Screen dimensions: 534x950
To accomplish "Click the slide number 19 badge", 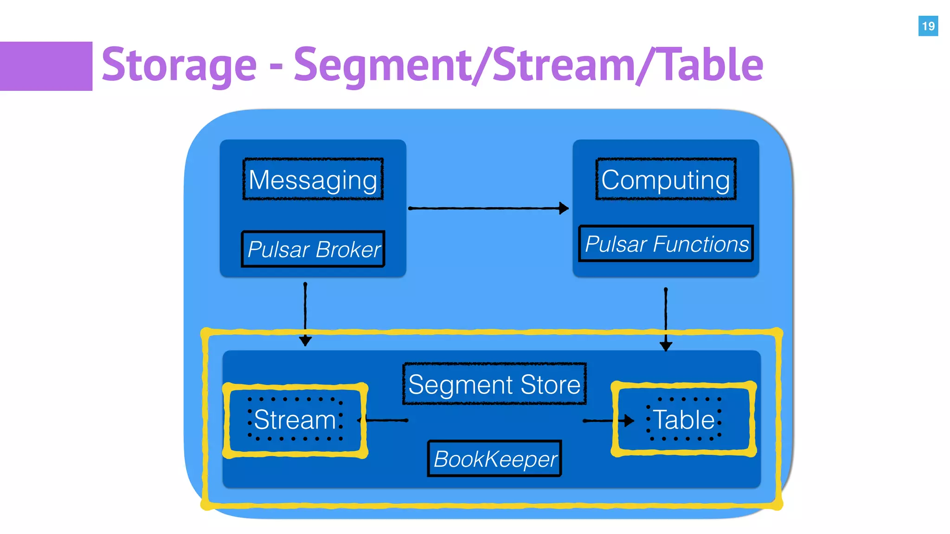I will [x=928, y=26].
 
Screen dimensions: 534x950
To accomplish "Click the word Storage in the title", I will [x=179, y=65].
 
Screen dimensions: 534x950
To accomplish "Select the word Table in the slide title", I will [x=712, y=65].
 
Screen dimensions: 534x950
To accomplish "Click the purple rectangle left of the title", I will [x=45, y=66].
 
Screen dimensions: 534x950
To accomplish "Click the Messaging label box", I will [x=313, y=179].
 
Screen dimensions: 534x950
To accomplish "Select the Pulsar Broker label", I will [x=313, y=249].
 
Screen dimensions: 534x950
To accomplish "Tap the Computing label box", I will [x=666, y=179].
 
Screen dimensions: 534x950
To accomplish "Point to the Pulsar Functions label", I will [x=666, y=244].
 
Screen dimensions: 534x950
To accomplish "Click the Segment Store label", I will [x=494, y=384].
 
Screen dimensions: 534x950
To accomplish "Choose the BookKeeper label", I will [x=494, y=459].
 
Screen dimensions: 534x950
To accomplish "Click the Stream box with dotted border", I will [x=295, y=420].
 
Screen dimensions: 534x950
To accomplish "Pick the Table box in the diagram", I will [x=684, y=420].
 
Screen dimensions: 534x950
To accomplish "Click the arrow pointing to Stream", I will [x=383, y=420].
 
